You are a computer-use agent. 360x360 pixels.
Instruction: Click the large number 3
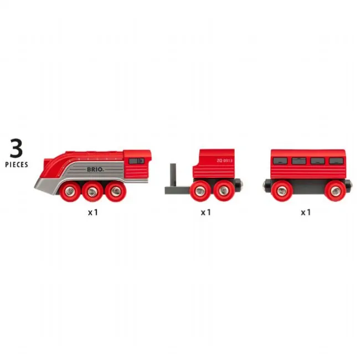(16, 148)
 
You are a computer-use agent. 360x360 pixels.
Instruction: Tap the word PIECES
(17, 164)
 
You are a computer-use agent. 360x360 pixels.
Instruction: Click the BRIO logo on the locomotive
(95, 169)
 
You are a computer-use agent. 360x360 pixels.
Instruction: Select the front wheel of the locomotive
(70, 191)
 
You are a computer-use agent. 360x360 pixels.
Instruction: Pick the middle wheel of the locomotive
(92, 191)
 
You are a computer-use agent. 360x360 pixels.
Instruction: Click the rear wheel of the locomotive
(116, 191)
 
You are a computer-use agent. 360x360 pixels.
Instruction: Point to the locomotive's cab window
(136, 161)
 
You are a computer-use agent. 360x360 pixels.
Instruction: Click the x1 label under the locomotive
(93, 212)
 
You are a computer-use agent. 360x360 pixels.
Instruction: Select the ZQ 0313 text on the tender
(224, 161)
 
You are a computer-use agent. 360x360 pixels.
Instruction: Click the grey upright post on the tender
(173, 175)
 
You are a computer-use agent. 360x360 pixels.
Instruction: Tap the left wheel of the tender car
(200, 191)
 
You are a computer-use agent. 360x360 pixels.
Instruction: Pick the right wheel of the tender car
(224, 191)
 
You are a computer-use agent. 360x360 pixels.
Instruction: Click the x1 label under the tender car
(205, 212)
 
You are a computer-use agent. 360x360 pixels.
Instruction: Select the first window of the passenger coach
(280, 161)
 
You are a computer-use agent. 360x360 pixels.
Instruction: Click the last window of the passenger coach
(336, 161)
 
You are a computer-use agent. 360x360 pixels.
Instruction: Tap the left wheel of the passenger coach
(282, 191)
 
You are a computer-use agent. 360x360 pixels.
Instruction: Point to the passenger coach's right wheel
(336, 191)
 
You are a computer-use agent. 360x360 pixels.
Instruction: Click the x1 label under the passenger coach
(306, 212)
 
